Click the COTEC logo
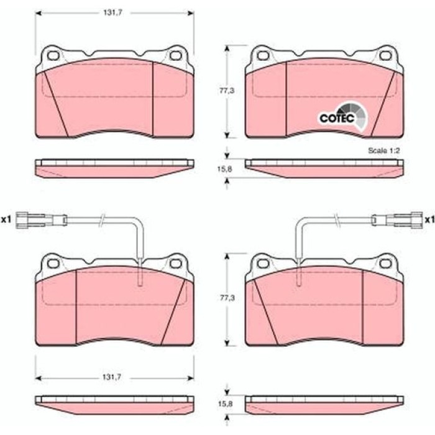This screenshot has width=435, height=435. [342, 117]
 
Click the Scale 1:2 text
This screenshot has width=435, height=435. [383, 150]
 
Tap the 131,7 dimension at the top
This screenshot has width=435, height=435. [113, 13]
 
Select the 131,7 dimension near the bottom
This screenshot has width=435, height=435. [112, 377]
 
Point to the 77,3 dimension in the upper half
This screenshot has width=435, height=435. [227, 91]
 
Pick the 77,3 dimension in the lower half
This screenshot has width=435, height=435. [227, 298]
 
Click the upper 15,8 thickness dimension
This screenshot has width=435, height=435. [225, 169]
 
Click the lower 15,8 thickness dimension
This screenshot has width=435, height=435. [226, 404]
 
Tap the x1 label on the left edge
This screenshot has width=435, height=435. [6, 220]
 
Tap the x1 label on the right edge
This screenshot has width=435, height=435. [429, 220]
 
